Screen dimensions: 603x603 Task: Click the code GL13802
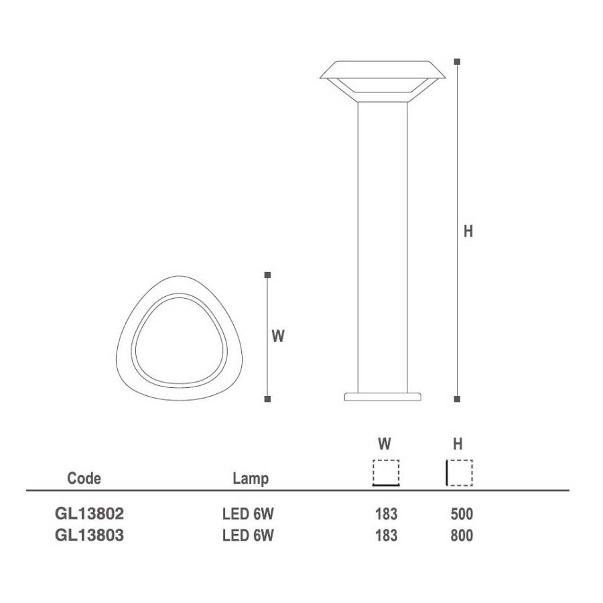(x=90, y=514)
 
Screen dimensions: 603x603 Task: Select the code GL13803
(x=90, y=535)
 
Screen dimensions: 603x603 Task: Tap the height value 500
(x=462, y=514)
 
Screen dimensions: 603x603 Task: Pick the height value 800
(x=462, y=536)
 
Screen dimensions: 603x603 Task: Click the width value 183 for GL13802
(x=386, y=514)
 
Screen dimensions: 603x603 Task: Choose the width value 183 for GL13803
(x=386, y=536)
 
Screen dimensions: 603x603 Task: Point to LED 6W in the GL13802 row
(x=248, y=514)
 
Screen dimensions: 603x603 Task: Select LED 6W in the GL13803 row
(x=248, y=536)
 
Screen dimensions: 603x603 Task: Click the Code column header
(x=84, y=478)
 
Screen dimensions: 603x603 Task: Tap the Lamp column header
(x=251, y=479)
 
